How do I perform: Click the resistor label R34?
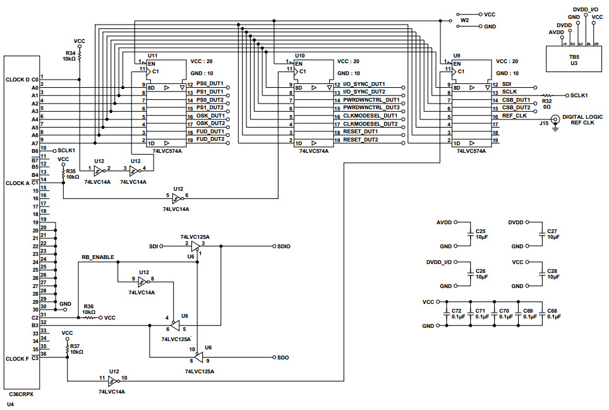click(69, 52)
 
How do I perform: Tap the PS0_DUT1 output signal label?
click(210, 84)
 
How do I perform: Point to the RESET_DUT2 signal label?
click(361, 139)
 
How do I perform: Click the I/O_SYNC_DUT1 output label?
click(364, 84)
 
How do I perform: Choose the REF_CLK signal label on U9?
click(514, 116)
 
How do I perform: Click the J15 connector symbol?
click(555, 120)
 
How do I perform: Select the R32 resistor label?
click(546, 100)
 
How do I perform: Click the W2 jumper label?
click(465, 20)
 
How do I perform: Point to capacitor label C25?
click(481, 231)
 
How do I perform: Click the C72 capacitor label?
click(457, 311)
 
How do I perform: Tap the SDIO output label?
click(283, 246)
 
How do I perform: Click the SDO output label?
click(282, 358)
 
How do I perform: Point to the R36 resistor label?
click(88, 306)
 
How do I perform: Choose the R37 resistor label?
click(75, 346)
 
